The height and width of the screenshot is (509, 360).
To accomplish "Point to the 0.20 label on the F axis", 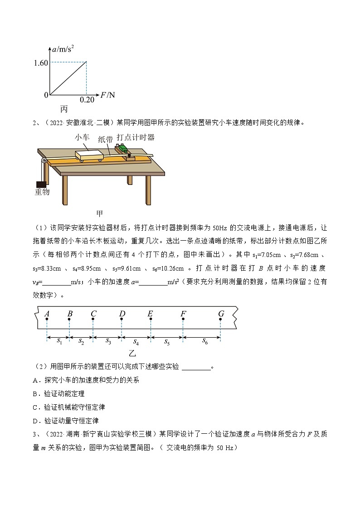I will coord(88,100).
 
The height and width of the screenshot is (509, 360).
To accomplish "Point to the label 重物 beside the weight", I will coord(42,192).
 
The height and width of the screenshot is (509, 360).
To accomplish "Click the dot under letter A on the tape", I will coord(47,320).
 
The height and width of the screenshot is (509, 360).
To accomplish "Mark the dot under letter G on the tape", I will coord(221,320).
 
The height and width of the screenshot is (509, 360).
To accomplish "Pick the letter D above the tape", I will coord(122,313).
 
